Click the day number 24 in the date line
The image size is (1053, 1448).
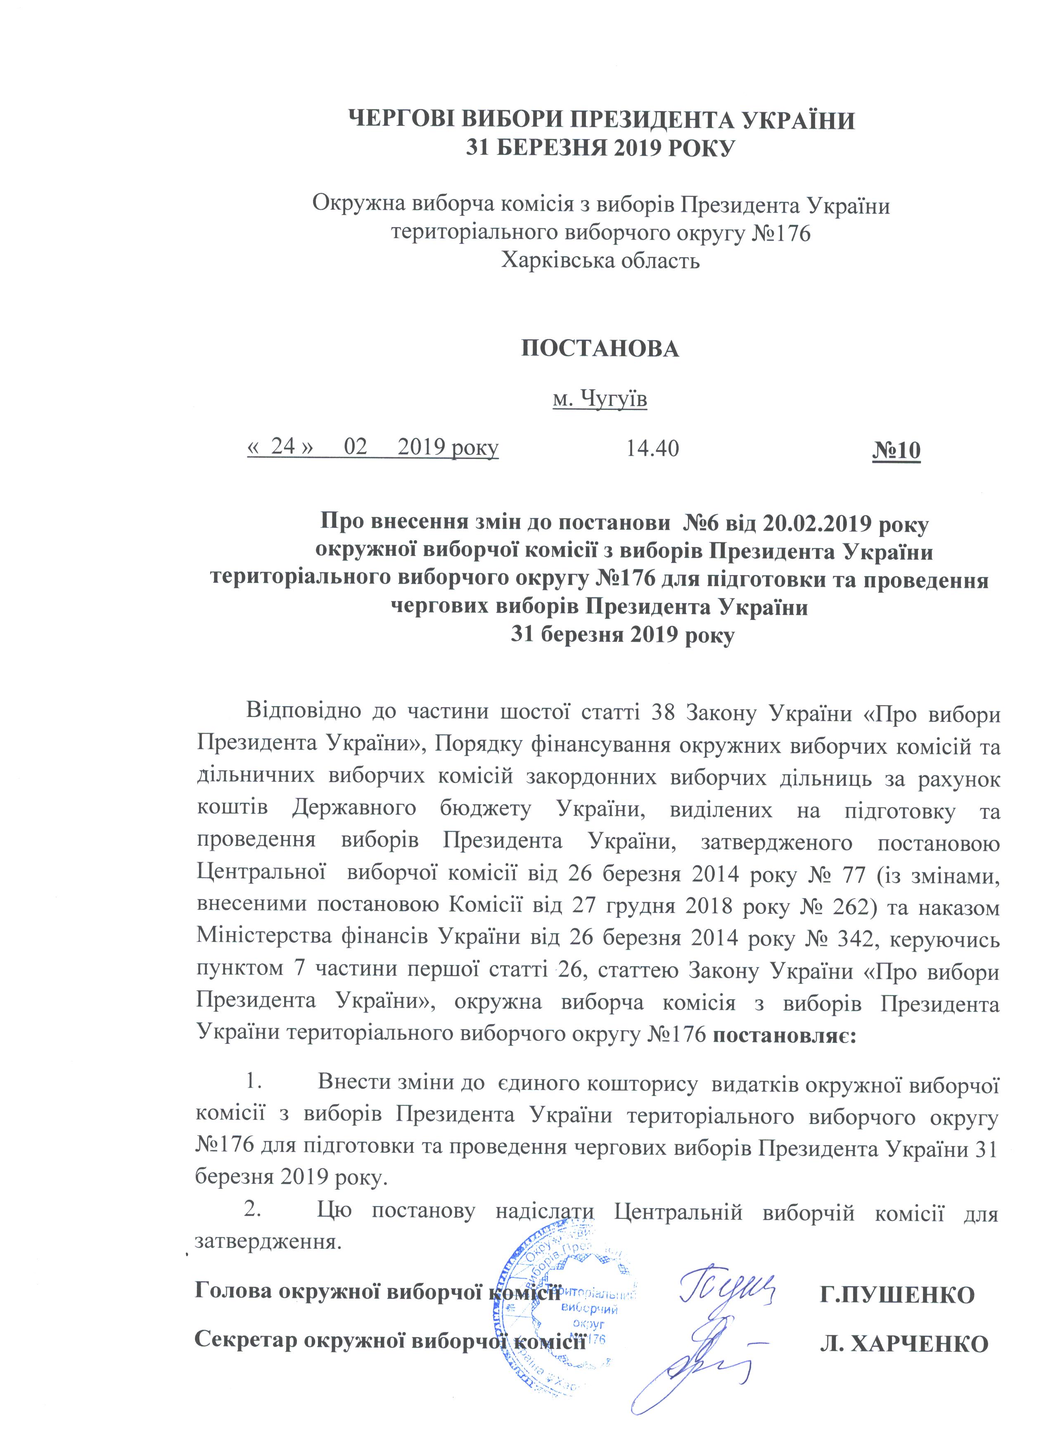tap(283, 446)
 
